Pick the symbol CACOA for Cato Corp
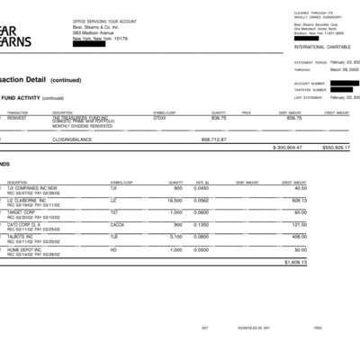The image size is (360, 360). point(117,224)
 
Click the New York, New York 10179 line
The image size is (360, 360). point(100,39)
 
